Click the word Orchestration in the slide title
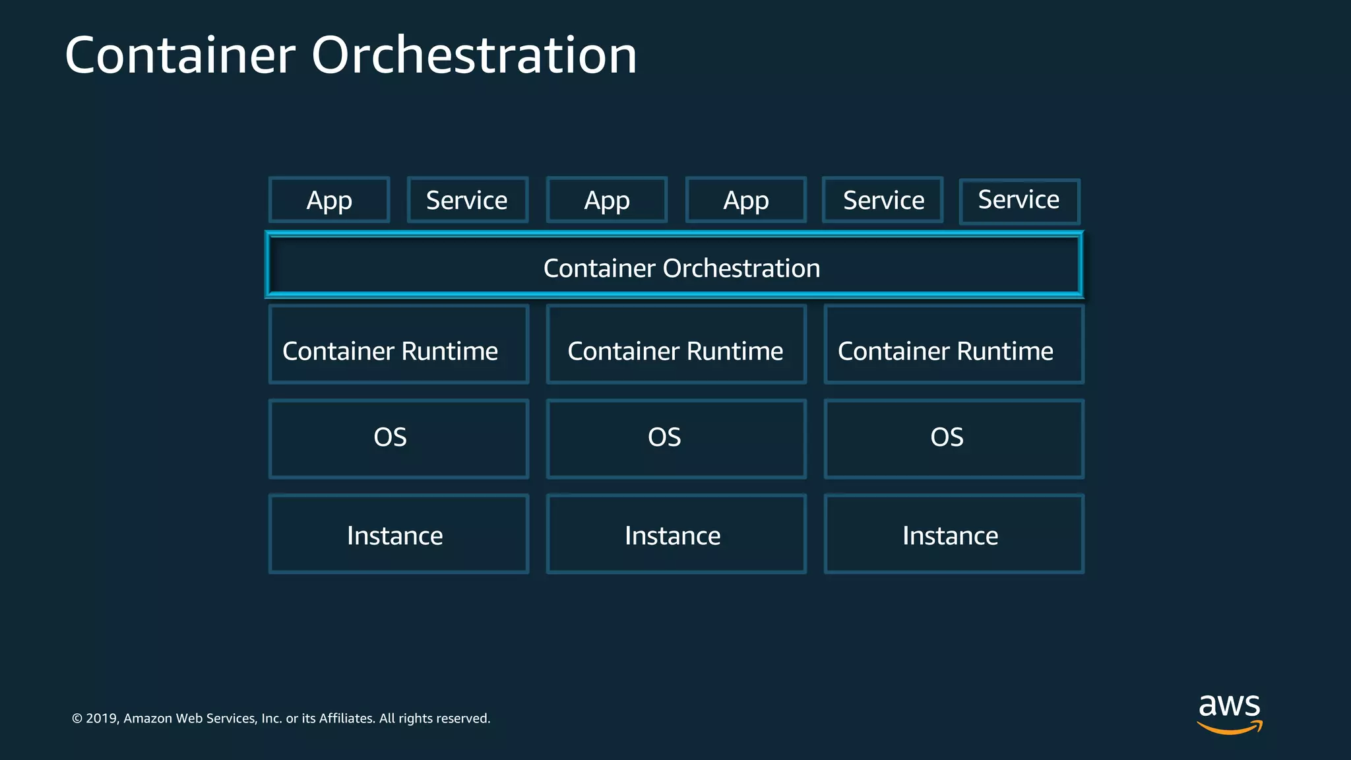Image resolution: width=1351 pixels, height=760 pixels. (474, 55)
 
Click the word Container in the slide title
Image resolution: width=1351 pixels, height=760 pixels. (180, 55)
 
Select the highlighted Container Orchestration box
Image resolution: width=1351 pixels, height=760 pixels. (674, 265)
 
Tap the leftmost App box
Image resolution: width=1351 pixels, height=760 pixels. (329, 200)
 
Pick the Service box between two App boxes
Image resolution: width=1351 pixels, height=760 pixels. (467, 200)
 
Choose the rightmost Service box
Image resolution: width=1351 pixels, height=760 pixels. (1019, 201)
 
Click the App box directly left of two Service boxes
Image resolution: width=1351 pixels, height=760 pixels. (745, 200)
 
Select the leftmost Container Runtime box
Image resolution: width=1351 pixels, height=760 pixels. (398, 344)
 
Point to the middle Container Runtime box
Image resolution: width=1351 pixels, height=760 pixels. (676, 344)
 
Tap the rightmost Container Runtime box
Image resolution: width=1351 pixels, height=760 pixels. (954, 344)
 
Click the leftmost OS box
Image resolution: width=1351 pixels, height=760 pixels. (398, 439)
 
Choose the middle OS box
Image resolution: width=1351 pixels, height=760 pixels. (676, 439)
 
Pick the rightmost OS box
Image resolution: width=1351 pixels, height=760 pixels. (954, 439)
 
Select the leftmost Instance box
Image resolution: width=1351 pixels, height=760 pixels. (398, 534)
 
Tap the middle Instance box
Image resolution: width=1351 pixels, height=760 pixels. (676, 534)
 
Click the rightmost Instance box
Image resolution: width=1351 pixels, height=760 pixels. (954, 534)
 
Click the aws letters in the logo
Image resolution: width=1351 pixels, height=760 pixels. (1229, 706)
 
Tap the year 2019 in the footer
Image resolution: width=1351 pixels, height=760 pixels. (102, 718)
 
